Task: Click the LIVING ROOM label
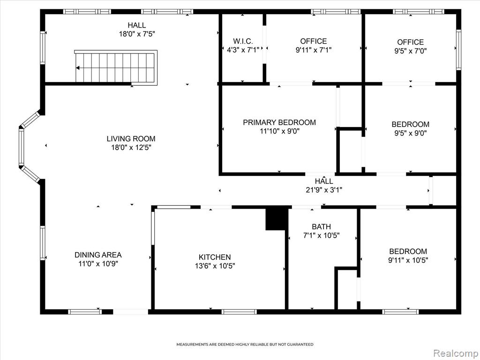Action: (131, 139)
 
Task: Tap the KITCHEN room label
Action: (215, 257)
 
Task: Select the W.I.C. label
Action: (243, 41)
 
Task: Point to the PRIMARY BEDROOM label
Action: (279, 122)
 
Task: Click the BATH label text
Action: (321, 227)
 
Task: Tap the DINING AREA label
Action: (98, 255)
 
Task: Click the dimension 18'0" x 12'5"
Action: (131, 148)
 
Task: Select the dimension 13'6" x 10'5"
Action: (215, 266)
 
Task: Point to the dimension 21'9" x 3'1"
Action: (324, 190)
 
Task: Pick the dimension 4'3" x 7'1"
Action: (243, 50)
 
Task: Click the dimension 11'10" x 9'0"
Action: (279, 131)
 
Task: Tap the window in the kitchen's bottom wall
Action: (239, 312)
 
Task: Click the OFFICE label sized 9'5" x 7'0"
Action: (411, 42)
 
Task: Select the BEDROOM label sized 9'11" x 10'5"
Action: (408, 251)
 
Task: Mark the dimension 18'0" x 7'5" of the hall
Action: (137, 34)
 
